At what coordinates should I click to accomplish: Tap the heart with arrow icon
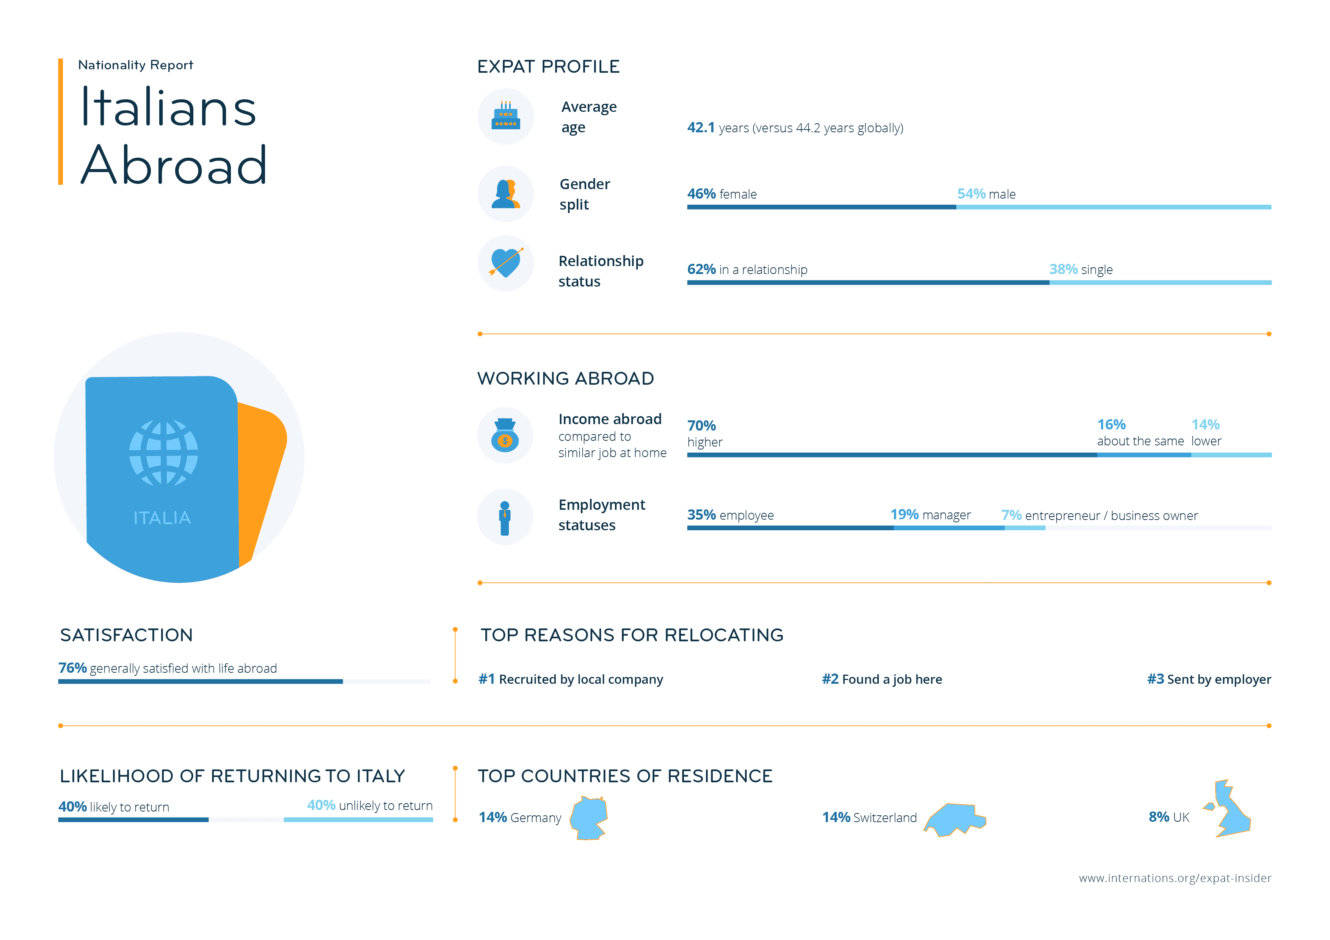(506, 263)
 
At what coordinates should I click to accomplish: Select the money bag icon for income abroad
(505, 436)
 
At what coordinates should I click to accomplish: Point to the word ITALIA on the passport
(162, 518)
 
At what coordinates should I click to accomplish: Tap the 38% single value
(1063, 269)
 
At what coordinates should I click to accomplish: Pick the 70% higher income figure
(701, 426)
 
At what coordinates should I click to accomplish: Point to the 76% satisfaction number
(72, 668)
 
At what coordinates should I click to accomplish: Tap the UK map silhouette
(1230, 810)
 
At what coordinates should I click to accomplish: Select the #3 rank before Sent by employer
(1155, 679)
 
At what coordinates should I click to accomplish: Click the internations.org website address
(1175, 878)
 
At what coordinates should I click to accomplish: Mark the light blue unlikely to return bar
(358, 819)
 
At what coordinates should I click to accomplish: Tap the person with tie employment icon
(505, 518)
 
